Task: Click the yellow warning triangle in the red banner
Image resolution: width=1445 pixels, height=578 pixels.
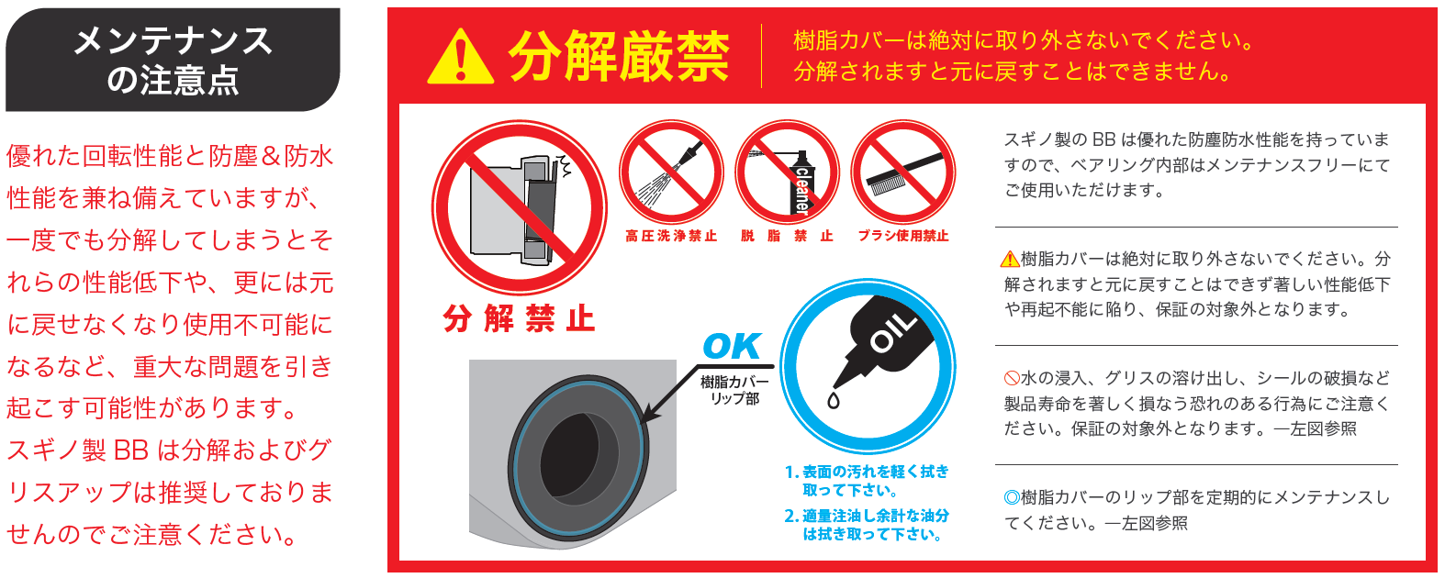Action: tap(460, 57)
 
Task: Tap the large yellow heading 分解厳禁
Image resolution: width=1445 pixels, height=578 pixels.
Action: tap(620, 57)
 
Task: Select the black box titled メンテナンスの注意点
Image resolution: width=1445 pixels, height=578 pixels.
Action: tap(173, 60)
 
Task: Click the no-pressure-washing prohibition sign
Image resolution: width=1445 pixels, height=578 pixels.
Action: tap(671, 172)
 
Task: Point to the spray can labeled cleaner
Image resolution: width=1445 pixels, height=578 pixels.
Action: tap(801, 183)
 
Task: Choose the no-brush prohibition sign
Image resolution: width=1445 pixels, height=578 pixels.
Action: tap(903, 172)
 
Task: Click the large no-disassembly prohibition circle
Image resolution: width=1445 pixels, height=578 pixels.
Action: tap(520, 207)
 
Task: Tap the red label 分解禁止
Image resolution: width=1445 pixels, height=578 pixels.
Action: tap(520, 319)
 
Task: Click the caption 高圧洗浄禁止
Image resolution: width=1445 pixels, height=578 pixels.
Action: tap(671, 236)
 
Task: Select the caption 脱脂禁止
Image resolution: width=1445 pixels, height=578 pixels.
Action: tap(787, 236)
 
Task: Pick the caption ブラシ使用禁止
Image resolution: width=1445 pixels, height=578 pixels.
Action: tap(903, 236)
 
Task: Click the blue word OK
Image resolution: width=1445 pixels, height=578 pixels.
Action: tap(733, 347)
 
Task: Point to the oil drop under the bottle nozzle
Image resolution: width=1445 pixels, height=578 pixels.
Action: tap(834, 400)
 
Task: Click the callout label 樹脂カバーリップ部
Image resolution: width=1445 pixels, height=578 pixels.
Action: tap(734, 390)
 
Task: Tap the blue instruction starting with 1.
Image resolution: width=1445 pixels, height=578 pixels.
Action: tap(867, 481)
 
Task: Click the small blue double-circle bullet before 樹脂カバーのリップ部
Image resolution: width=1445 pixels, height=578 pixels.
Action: tap(1012, 497)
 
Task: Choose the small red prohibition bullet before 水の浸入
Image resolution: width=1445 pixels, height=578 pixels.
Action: tap(1012, 378)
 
